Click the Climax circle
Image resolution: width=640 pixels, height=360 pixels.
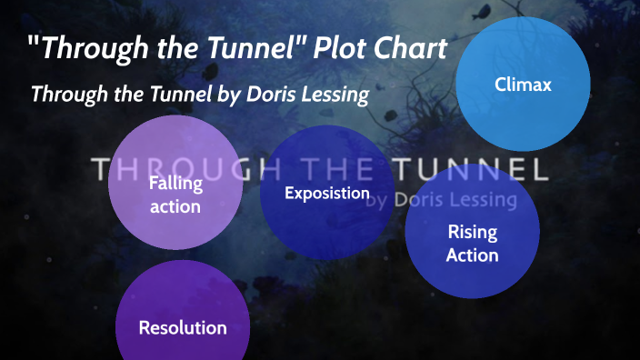524,84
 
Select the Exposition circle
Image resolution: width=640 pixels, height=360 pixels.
326,193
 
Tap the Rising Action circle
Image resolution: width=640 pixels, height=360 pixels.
473,244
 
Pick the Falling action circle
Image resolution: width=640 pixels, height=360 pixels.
175,194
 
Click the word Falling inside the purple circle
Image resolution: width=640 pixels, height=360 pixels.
175,183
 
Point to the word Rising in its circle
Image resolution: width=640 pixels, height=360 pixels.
473,232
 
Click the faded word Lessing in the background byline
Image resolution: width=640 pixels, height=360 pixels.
481,198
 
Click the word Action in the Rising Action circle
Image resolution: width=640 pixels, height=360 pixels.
473,255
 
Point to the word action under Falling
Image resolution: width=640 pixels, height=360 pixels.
175,205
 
